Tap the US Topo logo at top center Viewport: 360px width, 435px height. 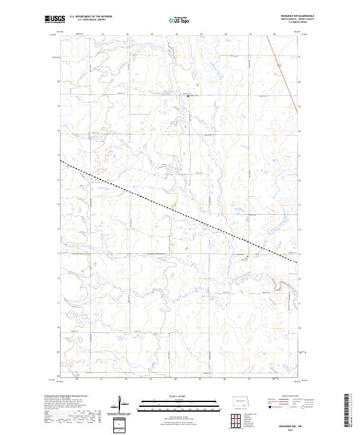(179, 20)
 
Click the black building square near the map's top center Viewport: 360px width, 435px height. (188, 96)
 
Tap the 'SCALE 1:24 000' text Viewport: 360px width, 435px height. (179, 395)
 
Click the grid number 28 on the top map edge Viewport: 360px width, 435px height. (274, 34)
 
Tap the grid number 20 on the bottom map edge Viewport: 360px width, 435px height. (77, 379)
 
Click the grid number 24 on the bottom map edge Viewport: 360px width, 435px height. (176, 379)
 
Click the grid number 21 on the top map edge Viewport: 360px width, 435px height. (103, 34)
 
